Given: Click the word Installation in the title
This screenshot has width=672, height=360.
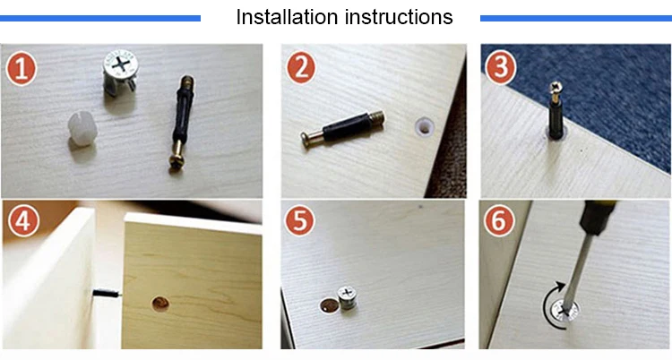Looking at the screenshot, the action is (x=287, y=17).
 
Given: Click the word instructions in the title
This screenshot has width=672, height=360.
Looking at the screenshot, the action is (x=399, y=17).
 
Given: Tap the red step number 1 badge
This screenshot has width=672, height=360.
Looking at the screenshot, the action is (x=21, y=69).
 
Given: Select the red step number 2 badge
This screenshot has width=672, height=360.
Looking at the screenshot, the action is (x=301, y=68).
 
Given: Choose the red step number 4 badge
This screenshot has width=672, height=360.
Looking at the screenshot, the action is (x=23, y=221).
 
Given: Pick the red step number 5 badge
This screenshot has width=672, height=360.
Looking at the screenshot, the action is (x=299, y=221).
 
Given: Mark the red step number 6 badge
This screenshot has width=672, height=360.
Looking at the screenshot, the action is (x=499, y=221).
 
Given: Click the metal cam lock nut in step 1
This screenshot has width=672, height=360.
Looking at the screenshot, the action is (x=121, y=72).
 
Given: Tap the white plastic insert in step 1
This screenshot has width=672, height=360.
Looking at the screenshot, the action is (x=82, y=129).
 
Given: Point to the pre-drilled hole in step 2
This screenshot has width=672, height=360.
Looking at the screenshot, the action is (x=425, y=127).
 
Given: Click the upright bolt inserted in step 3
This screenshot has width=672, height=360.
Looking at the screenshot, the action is (x=556, y=110).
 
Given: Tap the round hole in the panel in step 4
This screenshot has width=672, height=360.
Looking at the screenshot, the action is (x=160, y=304).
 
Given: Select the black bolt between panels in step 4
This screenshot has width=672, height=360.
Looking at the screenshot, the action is (x=107, y=294).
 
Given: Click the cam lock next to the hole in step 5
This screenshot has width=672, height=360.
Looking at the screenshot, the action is (x=347, y=298).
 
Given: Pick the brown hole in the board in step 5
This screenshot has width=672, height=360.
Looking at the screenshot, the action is (x=328, y=305).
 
